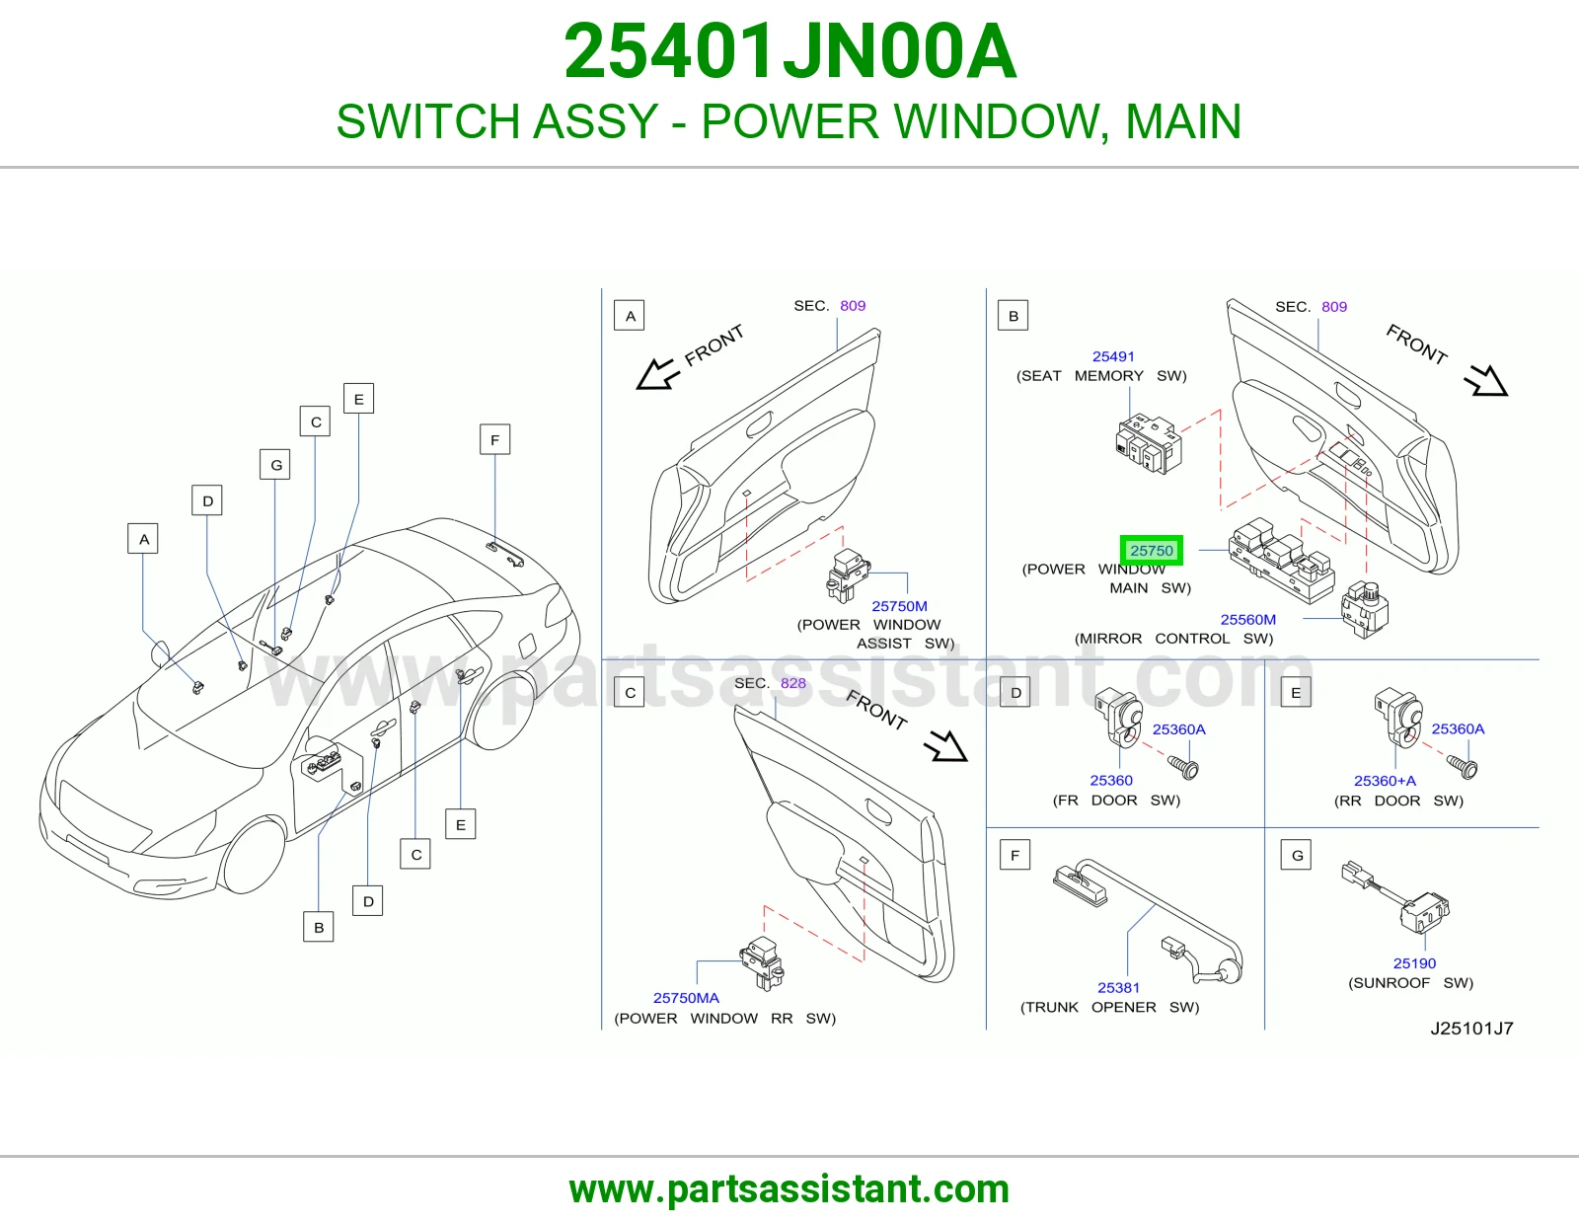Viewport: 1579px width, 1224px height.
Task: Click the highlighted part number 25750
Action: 1151,550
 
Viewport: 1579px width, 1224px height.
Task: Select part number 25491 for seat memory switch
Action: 1112,356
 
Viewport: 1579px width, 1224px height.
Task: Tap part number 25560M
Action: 1247,619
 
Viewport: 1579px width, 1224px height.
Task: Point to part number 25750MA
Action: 686,998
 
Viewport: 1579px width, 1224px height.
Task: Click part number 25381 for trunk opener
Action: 1118,988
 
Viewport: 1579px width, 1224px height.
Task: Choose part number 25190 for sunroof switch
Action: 1414,963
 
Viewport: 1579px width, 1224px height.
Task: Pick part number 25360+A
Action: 1385,781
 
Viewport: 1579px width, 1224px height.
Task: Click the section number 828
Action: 792,683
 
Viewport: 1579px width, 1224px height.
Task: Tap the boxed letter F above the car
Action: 494,439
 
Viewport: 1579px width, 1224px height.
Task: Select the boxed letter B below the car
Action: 319,928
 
